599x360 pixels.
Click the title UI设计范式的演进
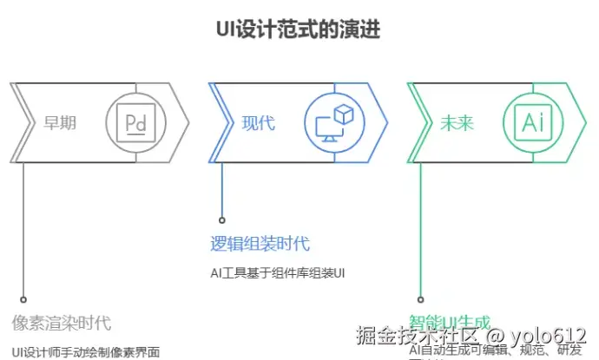(x=298, y=29)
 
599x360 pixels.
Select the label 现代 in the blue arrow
(x=258, y=122)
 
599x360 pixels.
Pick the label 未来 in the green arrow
(x=457, y=122)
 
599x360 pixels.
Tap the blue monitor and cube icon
(x=334, y=122)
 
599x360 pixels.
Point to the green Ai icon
(x=532, y=122)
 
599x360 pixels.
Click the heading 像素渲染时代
(x=62, y=323)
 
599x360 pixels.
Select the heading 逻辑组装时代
(x=260, y=244)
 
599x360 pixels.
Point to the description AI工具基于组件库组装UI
(x=278, y=273)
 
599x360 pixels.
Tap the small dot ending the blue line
(x=222, y=220)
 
